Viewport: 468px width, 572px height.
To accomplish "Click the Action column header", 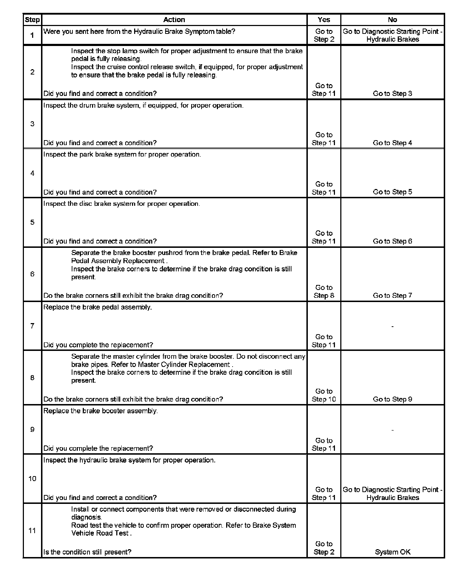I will [174, 20].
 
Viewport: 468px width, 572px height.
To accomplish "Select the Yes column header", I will [324, 20].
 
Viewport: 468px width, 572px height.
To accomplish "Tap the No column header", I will [392, 20].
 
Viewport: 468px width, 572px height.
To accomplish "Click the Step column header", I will [32, 20].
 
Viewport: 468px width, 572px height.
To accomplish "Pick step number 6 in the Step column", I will [32, 274].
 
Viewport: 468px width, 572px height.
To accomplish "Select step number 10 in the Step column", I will [32, 479].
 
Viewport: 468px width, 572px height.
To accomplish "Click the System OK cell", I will [392, 552].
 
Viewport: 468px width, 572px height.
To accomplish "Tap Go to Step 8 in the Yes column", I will [324, 291].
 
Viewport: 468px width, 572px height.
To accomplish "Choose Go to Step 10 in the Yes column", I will [324, 395].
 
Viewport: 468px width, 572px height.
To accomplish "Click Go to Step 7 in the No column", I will [392, 295].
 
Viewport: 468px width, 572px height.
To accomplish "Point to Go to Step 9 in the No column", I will [392, 399].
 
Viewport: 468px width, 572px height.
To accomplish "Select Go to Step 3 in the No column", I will [392, 93].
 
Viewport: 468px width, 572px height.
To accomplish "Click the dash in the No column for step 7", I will [392, 326].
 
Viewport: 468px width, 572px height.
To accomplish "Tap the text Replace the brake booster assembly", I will [101, 411].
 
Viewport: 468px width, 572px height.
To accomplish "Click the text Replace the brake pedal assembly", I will [97, 307].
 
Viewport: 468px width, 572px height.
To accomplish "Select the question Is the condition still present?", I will [87, 552].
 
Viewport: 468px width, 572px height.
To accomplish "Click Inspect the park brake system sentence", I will [122, 154].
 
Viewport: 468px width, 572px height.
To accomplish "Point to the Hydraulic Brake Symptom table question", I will [139, 31].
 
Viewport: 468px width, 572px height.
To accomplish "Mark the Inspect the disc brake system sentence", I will [122, 204].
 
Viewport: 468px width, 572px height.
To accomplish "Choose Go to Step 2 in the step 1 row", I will [324, 35].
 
